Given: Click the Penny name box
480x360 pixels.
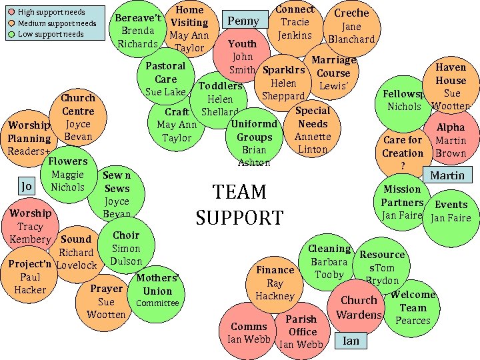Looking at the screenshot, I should click(243, 21).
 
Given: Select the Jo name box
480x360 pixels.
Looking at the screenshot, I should click(27, 186).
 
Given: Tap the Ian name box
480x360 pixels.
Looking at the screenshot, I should click(351, 341).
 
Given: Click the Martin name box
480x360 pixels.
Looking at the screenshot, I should click(447, 175).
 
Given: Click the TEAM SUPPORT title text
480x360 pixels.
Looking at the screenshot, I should click(239, 204).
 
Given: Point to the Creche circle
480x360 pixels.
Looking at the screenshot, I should click(351, 27).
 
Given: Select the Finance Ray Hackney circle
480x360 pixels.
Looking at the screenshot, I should click(275, 283).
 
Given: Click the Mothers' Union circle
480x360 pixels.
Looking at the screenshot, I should click(157, 291).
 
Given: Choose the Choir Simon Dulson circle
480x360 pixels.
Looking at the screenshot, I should click(126, 248).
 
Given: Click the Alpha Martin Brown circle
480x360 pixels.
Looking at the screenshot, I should click(451, 140).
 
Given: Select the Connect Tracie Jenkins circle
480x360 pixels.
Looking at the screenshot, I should click(295, 24).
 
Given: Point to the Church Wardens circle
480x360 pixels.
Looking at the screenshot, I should click(359, 308).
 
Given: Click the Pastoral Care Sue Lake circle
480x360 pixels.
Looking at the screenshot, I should click(165, 78).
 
